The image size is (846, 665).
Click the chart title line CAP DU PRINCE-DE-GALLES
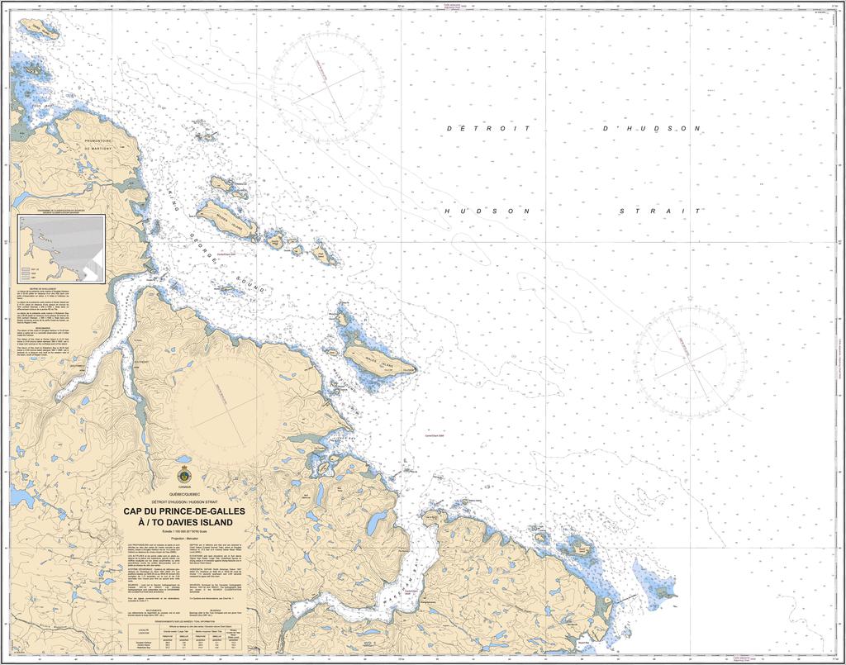tap(184, 511)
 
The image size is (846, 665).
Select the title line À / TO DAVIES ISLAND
tap(184, 522)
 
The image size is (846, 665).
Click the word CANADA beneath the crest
tap(183, 489)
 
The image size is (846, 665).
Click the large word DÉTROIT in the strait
tap(487, 130)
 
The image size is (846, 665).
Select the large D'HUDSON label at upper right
tap(652, 129)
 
